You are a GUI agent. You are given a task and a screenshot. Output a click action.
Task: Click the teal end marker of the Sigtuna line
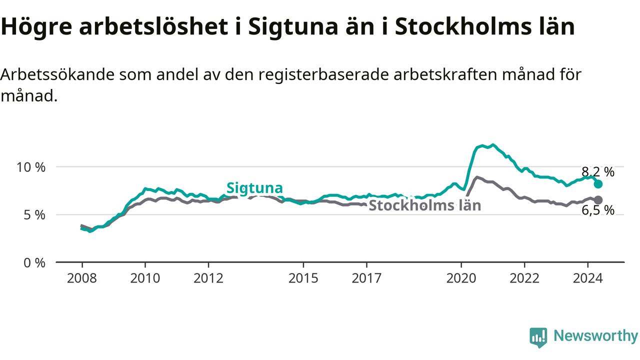(598, 184)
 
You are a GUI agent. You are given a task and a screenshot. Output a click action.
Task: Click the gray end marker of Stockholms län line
(598, 200)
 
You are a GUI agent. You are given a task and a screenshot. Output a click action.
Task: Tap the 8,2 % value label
(598, 172)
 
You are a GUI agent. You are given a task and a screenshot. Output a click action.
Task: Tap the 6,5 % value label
(598, 210)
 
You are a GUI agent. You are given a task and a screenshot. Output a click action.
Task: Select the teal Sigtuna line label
(254, 188)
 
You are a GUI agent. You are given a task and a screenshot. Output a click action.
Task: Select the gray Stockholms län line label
(424, 205)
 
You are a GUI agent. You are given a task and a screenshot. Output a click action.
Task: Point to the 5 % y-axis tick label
(35, 215)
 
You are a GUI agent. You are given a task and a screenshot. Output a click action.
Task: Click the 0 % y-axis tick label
(35, 262)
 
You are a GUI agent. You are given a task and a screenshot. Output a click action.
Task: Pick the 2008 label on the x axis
(82, 278)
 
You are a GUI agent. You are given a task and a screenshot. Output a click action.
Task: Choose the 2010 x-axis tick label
(145, 278)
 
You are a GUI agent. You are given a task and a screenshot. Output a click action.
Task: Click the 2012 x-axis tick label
(208, 278)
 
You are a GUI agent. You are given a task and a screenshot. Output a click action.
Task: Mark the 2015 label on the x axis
(303, 278)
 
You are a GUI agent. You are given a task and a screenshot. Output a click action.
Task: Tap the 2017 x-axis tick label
(366, 278)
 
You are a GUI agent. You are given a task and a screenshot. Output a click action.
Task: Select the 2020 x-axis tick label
(461, 278)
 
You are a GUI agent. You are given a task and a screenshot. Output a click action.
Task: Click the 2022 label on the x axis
(524, 278)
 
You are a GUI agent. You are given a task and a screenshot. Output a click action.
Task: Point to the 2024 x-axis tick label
(587, 278)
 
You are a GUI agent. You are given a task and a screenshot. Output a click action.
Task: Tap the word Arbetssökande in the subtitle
(57, 75)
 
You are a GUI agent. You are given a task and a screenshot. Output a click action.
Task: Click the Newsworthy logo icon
(538, 337)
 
